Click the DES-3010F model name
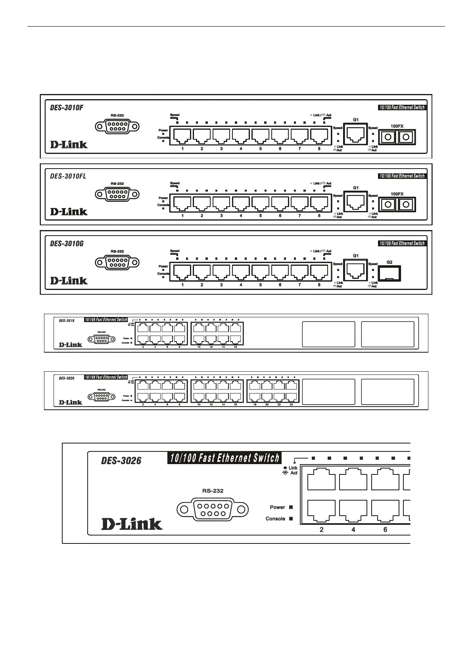coord(67,107)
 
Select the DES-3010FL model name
coord(68,176)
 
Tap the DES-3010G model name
coord(67,244)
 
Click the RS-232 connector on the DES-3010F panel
coord(117,127)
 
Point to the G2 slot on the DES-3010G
coord(389,273)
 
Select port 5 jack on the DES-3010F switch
coord(260,136)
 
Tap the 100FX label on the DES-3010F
coord(397,126)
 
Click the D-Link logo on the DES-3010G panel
coord(69,280)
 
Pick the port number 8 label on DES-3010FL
coord(319,216)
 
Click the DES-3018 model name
coord(67,321)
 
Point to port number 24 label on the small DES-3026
coord(291,405)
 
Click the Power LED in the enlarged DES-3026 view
coord(291,507)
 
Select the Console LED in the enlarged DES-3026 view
coord(291,518)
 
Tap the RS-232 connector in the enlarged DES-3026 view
coord(213,509)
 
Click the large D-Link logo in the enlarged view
coord(132,524)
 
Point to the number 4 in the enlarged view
coord(353,530)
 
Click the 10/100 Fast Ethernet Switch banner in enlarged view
coord(224,458)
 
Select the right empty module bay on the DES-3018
coord(388,334)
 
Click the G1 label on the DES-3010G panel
coord(356,256)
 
